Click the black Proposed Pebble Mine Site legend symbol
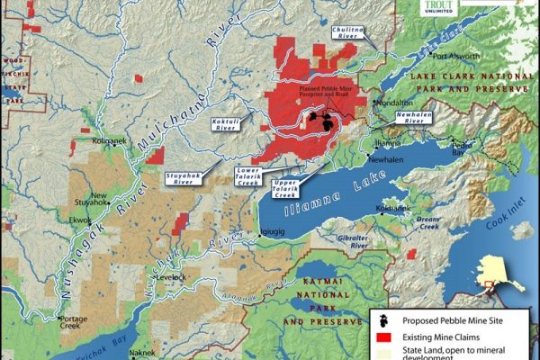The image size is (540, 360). pyautogui.click(x=383, y=319)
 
